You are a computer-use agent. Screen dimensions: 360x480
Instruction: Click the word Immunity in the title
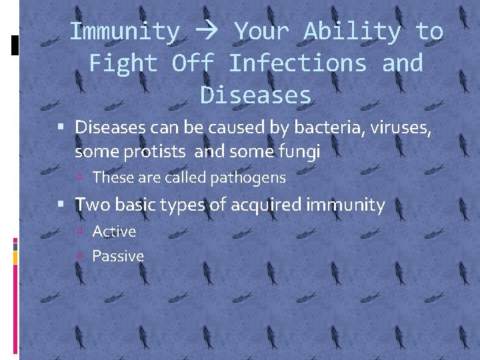pyautogui.click(x=125, y=31)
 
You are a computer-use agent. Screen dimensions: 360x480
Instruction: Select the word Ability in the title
pyautogui.click(x=353, y=31)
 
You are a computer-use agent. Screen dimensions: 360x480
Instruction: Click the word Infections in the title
pyautogui.click(x=297, y=63)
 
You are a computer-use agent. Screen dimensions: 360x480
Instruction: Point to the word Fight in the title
pyautogui.click(x=123, y=63)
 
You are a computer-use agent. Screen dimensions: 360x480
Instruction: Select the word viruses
pyautogui.click(x=399, y=127)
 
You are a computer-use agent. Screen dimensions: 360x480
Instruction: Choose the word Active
pyautogui.click(x=114, y=231)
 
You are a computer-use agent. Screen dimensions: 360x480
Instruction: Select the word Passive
pyautogui.click(x=118, y=256)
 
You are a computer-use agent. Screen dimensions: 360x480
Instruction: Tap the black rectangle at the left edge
pyautogui.click(x=15, y=44)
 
